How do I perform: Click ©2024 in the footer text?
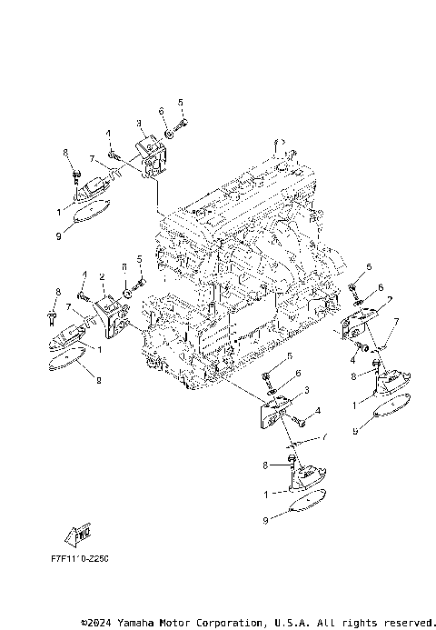point(94,623)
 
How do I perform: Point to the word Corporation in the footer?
point(223,623)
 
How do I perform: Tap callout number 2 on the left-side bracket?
point(103,276)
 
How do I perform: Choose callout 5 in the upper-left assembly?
point(180,102)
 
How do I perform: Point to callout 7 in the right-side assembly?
point(396,322)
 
